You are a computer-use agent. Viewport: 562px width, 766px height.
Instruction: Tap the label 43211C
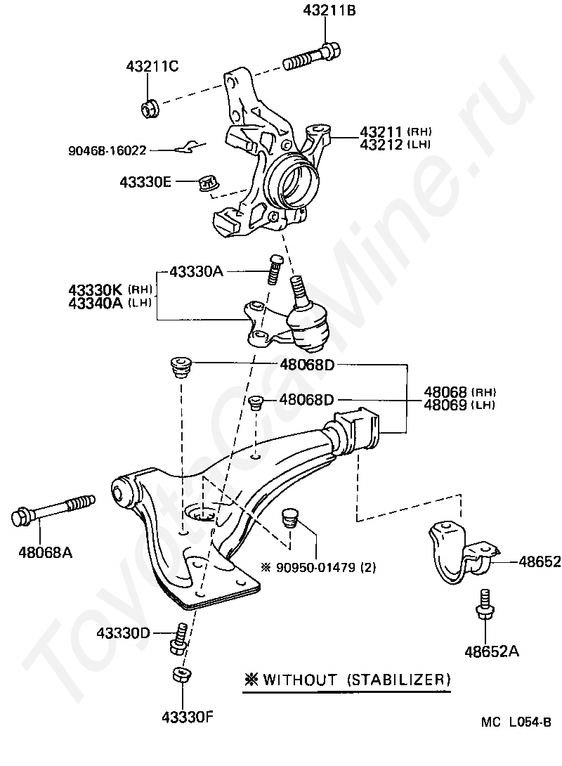tap(152, 66)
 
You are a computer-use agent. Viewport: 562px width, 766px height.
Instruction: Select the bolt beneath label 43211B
tap(311, 58)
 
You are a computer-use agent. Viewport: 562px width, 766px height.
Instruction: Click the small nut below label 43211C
tap(150, 108)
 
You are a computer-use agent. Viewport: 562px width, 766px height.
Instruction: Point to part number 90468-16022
tap(107, 150)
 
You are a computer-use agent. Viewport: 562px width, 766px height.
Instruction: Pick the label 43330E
tap(145, 182)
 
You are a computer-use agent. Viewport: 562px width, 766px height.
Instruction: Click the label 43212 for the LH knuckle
tap(381, 145)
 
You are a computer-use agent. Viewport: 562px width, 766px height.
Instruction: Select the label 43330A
tap(196, 271)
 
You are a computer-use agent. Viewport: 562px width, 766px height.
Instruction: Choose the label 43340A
tap(96, 304)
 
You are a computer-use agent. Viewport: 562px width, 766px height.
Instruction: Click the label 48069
tap(445, 405)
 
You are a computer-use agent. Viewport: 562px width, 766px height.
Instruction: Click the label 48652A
tap(492, 651)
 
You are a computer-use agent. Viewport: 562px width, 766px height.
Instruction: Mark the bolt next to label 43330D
tap(179, 639)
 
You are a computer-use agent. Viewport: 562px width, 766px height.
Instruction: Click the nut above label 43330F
tap(182, 675)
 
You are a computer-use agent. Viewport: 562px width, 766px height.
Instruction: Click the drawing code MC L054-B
tap(516, 722)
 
